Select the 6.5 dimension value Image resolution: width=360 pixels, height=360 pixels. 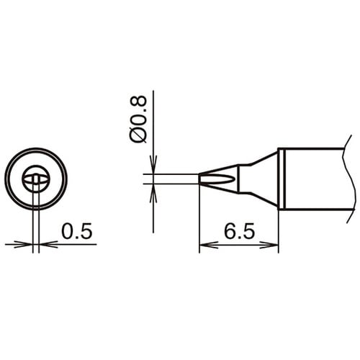[238, 231]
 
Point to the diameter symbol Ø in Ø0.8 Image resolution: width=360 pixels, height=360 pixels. [140, 134]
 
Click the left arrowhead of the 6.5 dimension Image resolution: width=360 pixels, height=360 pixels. [204, 246]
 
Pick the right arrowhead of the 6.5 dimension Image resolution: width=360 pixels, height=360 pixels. [274, 246]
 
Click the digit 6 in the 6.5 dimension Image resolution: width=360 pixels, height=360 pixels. [230, 231]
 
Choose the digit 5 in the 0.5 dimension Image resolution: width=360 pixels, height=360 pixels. [86, 231]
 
